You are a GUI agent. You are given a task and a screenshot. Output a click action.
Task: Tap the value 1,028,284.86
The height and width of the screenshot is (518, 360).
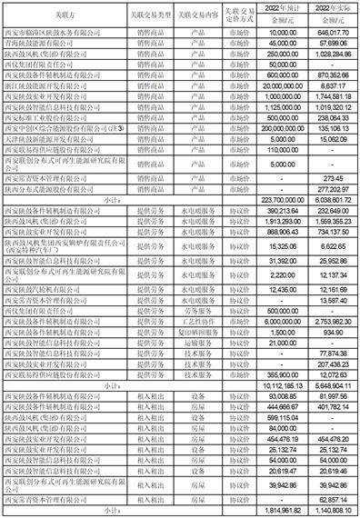coord(332,55)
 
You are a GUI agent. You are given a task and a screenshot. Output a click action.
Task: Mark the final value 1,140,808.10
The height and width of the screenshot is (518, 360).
coord(333,511)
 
